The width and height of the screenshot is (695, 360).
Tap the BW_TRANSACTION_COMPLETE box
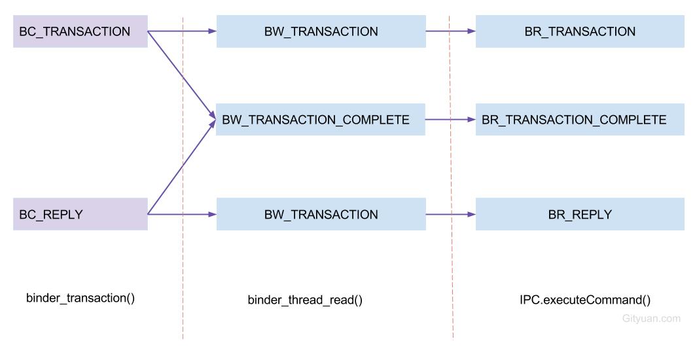(x=321, y=120)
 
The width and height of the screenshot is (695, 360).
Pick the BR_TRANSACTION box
(x=579, y=31)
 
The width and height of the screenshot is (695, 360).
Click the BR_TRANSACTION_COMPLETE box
(x=579, y=120)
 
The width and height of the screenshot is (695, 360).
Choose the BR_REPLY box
(x=579, y=214)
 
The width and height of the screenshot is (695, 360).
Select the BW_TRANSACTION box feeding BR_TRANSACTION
(x=321, y=31)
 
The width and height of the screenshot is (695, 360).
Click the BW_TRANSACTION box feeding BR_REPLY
(x=321, y=214)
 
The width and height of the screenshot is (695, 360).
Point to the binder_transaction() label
(x=80, y=298)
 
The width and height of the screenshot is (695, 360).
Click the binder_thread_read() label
(x=305, y=300)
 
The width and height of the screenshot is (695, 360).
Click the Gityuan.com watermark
(x=651, y=319)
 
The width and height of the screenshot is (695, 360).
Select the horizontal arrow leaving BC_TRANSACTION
(x=196, y=31)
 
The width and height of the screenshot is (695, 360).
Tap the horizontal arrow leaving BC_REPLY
(x=196, y=214)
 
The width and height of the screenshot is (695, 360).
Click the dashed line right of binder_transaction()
(x=183, y=275)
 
